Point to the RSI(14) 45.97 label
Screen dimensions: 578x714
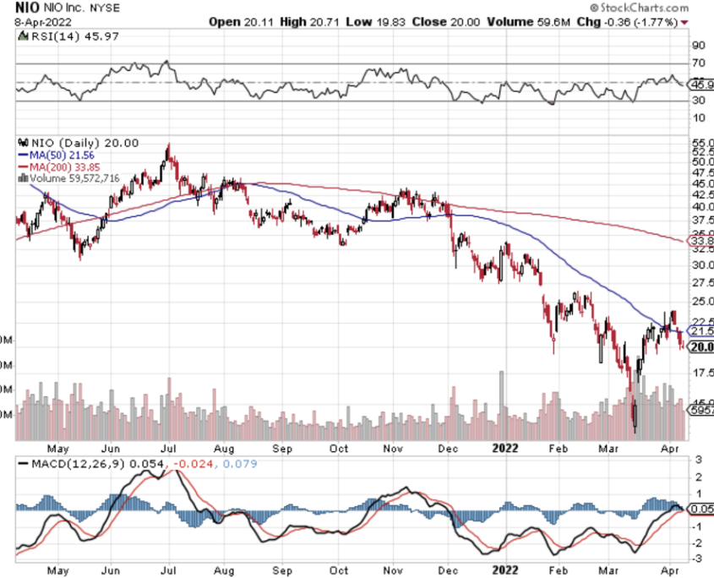click(x=52, y=36)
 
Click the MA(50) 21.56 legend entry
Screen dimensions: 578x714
click(x=59, y=155)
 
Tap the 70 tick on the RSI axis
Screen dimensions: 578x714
click(x=699, y=63)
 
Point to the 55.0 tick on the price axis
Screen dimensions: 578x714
click(x=700, y=144)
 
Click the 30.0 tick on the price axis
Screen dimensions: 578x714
click(x=700, y=265)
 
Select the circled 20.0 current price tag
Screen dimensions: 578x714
click(x=700, y=346)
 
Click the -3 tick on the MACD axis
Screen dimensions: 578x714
click(x=698, y=559)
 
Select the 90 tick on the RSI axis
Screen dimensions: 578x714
click(x=699, y=45)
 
